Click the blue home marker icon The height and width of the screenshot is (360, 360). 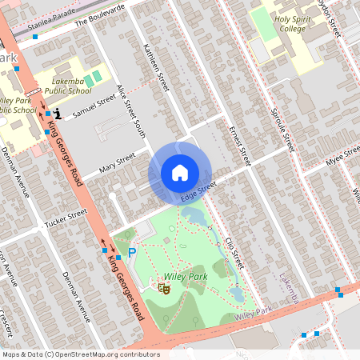(179, 173)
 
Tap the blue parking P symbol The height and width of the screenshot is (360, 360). (133, 252)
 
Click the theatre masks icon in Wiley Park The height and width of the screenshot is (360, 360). (165, 285)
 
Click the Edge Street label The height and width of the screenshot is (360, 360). (198, 191)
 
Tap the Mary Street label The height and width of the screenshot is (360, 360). (117, 165)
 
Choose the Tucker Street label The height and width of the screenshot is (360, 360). (66, 217)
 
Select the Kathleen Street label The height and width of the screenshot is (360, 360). (153, 71)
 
